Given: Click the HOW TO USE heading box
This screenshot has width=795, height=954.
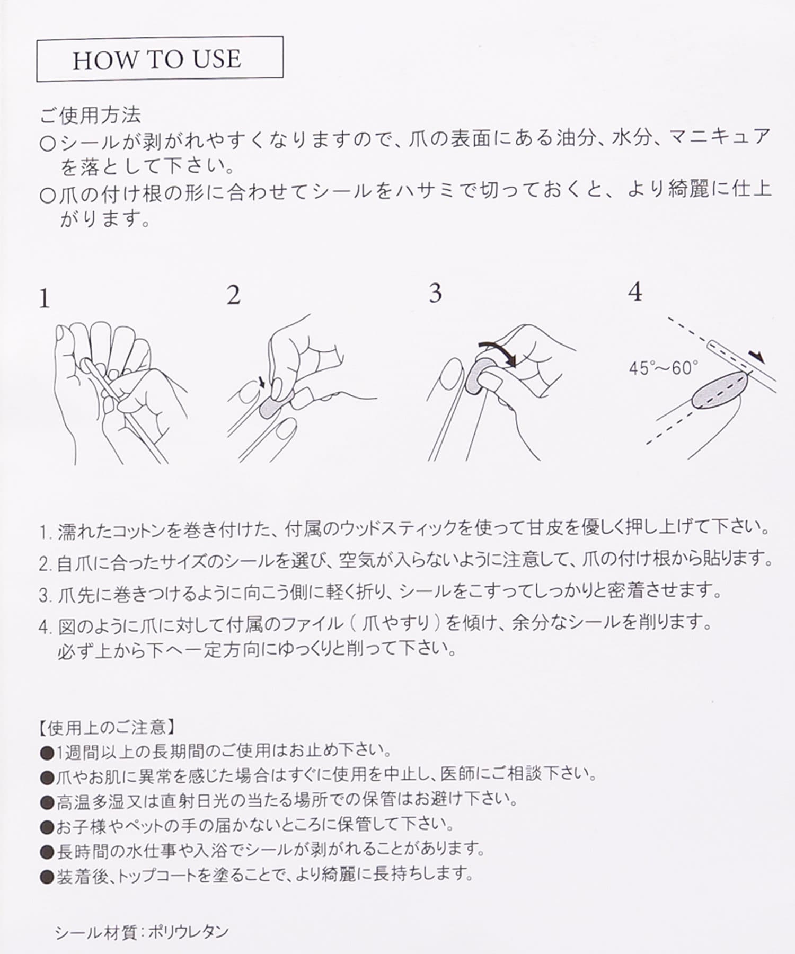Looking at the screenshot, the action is point(160,59).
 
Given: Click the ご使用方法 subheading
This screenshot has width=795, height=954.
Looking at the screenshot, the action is point(91,114).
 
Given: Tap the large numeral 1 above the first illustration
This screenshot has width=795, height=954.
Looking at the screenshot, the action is point(45,299).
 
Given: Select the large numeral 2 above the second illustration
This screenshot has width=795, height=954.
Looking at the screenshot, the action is point(234,296).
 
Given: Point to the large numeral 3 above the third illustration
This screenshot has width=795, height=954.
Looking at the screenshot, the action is point(435,293).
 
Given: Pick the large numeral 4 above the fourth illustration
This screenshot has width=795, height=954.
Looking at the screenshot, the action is point(635,292).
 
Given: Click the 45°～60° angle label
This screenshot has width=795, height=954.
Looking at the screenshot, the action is point(664,368).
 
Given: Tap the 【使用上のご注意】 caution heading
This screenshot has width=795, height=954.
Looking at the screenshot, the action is point(106,727).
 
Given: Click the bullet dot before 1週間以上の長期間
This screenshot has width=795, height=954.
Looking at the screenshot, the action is point(48,751).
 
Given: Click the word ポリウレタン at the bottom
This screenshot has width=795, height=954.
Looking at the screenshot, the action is point(188,932).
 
